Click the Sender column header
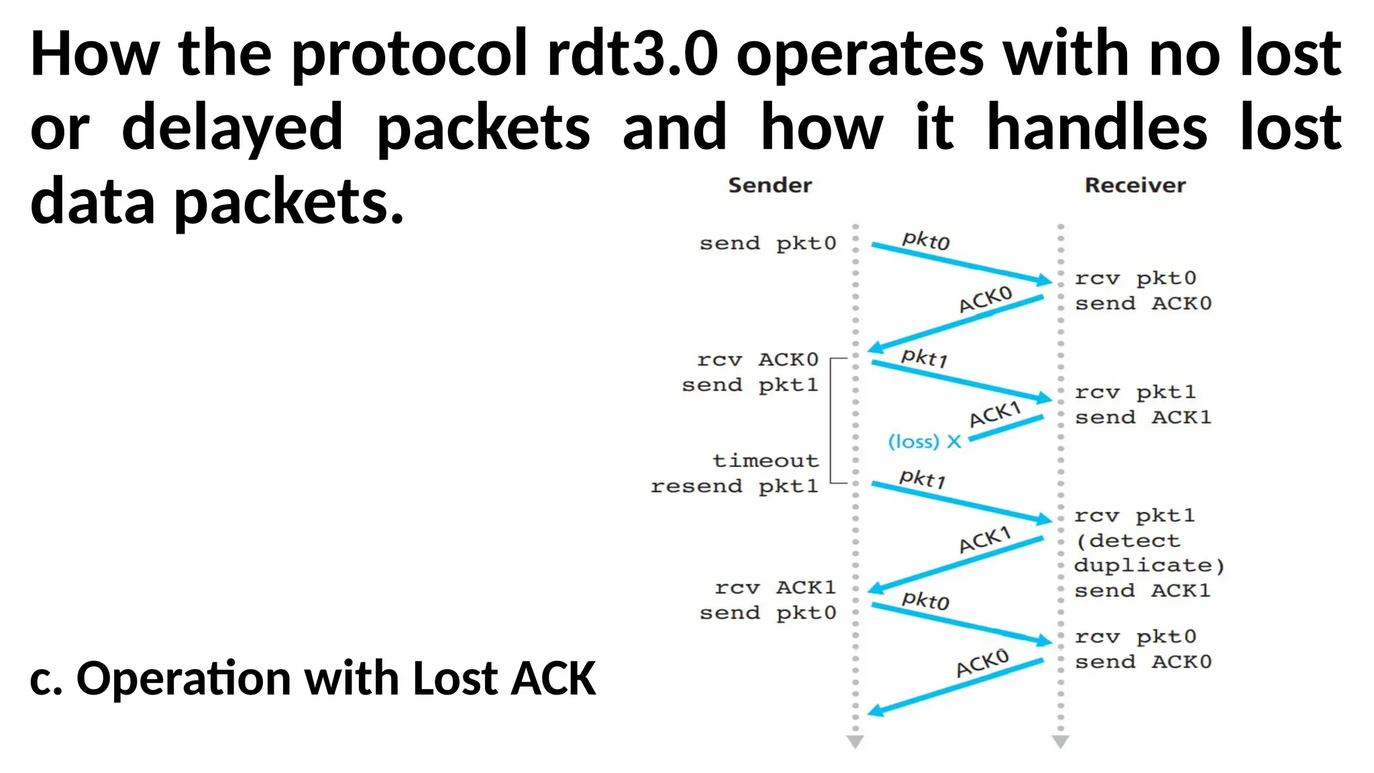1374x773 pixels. click(x=770, y=185)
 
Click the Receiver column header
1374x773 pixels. click(x=1134, y=185)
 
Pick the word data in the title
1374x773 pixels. click(x=93, y=201)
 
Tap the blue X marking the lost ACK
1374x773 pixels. click(x=953, y=442)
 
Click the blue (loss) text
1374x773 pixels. click(x=913, y=442)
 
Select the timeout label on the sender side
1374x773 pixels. click(x=765, y=460)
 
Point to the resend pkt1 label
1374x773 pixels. click(x=735, y=486)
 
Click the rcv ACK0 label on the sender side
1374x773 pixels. click(x=757, y=360)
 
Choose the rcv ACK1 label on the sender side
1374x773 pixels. click(x=775, y=588)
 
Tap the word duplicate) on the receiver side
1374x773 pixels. click(x=1149, y=566)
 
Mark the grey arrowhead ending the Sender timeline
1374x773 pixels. click(x=855, y=741)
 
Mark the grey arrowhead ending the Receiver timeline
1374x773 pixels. click(x=1060, y=741)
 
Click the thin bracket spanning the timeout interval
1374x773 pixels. click(x=831, y=421)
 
